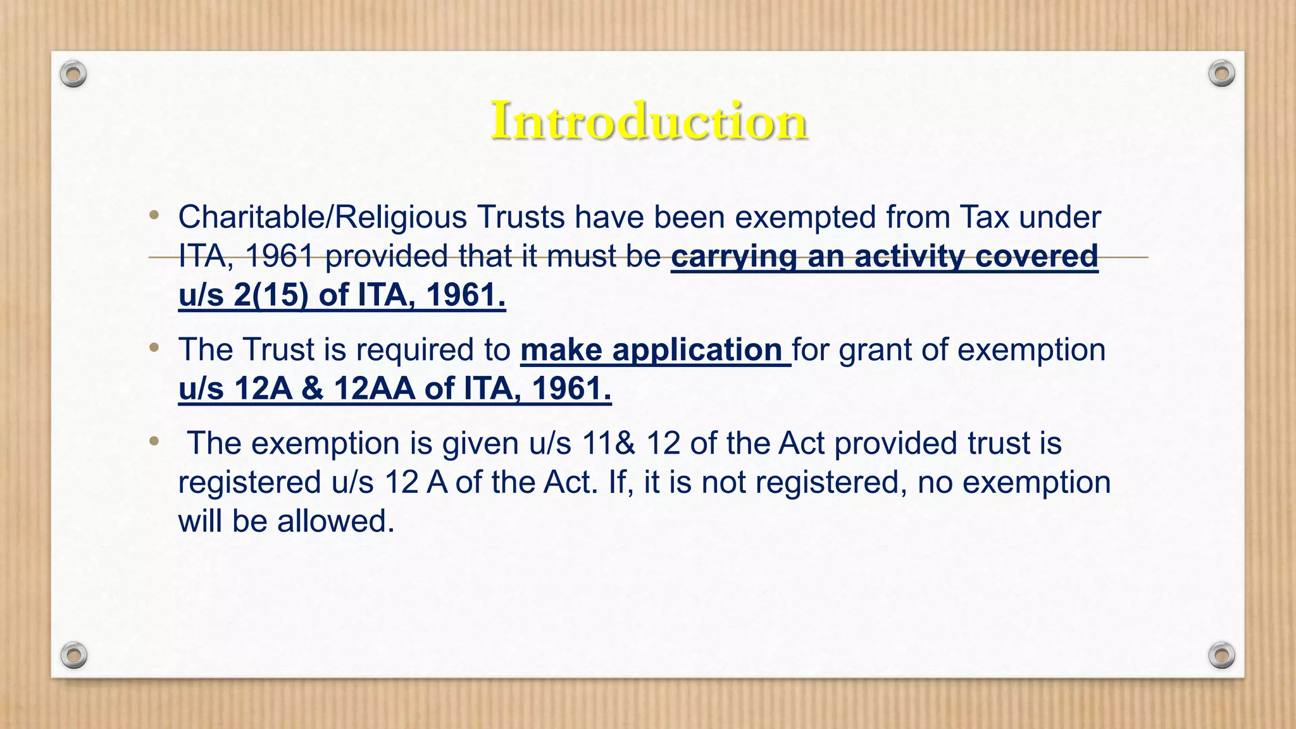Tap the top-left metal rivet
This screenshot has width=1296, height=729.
[x=73, y=75]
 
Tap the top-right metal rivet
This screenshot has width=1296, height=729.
[x=1221, y=74]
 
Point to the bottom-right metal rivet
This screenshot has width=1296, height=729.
[x=1221, y=655]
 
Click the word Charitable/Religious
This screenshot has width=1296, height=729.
[x=323, y=218]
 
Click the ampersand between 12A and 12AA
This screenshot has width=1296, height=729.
[x=313, y=389]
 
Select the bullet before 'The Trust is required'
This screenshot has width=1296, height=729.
[x=154, y=347]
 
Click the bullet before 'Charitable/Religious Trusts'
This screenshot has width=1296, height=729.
[x=154, y=215]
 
